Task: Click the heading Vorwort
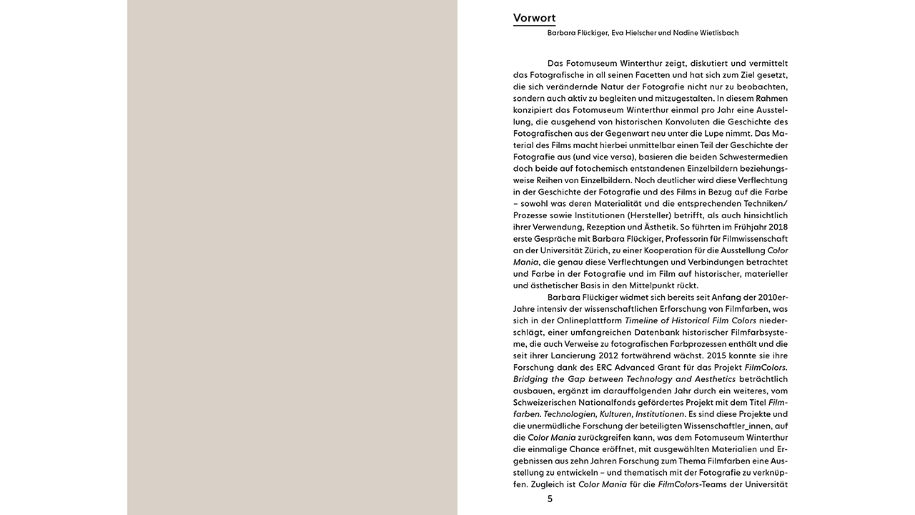click(534, 19)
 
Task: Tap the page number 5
click(550, 499)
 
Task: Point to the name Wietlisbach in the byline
click(714, 33)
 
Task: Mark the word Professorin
click(696, 239)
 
